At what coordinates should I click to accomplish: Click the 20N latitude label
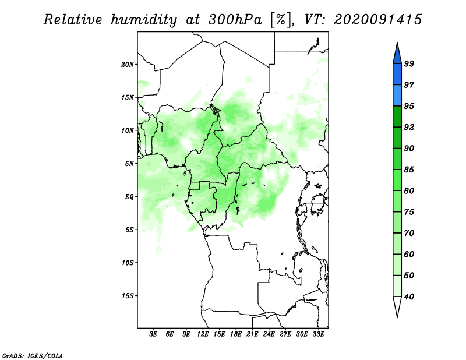(128, 65)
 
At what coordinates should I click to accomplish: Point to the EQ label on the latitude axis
(129, 197)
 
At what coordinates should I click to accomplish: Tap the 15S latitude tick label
(128, 296)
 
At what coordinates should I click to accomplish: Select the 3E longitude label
(153, 334)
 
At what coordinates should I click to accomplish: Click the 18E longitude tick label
(236, 334)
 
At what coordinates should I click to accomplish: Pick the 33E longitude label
(318, 334)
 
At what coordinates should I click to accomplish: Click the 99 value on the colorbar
(409, 63)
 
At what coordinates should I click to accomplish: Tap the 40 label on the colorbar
(409, 297)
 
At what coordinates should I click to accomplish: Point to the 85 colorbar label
(409, 170)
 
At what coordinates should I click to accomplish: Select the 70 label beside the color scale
(409, 233)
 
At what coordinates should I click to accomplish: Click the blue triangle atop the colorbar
(397, 53)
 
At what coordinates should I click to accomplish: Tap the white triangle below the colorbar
(397, 307)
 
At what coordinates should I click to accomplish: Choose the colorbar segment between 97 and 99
(397, 75)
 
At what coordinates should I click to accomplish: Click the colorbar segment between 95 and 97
(397, 96)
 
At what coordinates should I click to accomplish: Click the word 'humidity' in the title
(144, 20)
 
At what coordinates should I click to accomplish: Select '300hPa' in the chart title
(235, 20)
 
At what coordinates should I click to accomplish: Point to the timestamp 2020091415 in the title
(377, 20)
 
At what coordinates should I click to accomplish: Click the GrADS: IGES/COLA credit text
(33, 355)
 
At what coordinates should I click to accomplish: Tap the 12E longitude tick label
(203, 334)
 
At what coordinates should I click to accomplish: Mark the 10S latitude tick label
(128, 263)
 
